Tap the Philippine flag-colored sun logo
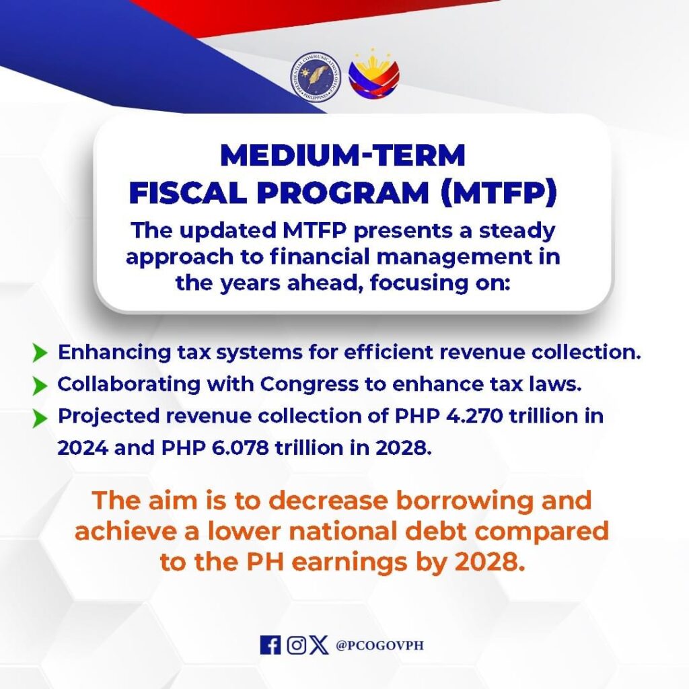(x=374, y=74)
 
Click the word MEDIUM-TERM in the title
(x=342, y=155)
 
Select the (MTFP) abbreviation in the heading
(x=499, y=192)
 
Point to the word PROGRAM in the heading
(x=343, y=192)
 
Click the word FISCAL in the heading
(x=188, y=192)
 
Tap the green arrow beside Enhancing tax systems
(x=40, y=353)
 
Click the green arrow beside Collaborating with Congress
(x=40, y=386)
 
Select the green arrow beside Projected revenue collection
(x=40, y=418)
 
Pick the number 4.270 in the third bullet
(x=474, y=416)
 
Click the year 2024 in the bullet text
(x=83, y=447)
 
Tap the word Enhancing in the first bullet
(x=114, y=353)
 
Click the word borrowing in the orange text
(x=462, y=501)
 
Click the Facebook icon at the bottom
(x=270, y=645)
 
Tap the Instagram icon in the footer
(x=297, y=645)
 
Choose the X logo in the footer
(x=318, y=645)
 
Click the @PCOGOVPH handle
(x=379, y=645)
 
